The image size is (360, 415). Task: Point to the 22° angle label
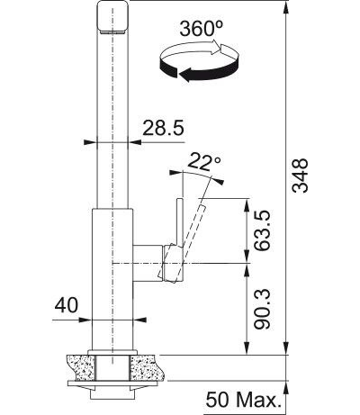pyautogui.click(x=204, y=162)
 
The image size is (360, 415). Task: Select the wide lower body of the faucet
pyautogui.click(x=112, y=279)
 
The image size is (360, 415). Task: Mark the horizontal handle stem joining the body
pyautogui.click(x=148, y=261)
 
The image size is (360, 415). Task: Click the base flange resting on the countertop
pyautogui.click(x=112, y=349)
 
